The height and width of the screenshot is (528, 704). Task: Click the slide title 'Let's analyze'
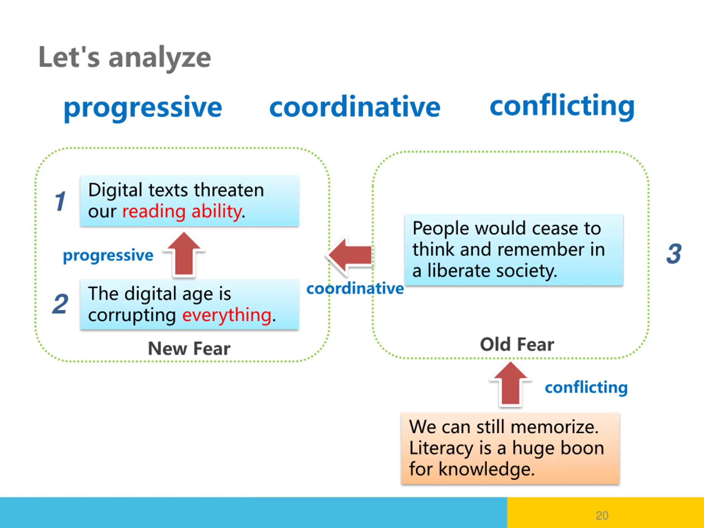pos(125,57)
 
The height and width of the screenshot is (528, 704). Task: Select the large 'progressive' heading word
pos(143,108)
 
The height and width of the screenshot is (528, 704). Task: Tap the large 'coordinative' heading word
pos(355,107)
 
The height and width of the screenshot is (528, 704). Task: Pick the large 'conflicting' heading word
pos(562,106)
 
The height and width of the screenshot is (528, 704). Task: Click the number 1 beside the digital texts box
pos(60,201)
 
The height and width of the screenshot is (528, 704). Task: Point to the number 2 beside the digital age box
pos(60,304)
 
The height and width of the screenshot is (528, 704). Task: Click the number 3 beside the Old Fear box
pos(674,254)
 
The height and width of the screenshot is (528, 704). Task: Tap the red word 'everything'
pos(227,315)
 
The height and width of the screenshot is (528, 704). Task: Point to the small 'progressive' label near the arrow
pos(108,255)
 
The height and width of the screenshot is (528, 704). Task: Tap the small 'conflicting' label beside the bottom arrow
pos(586,388)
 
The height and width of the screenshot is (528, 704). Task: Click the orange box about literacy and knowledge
pos(510,448)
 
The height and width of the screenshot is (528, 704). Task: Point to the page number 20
pos(602,515)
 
